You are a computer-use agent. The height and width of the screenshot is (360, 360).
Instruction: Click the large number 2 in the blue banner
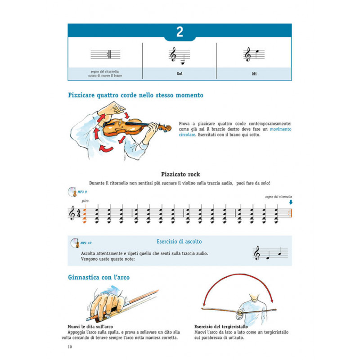click(180, 32)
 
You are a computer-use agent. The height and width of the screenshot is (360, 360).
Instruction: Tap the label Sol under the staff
click(179, 72)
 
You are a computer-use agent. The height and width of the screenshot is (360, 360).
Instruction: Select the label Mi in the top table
click(254, 72)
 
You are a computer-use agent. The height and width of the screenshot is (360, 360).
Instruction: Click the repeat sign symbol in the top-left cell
click(108, 54)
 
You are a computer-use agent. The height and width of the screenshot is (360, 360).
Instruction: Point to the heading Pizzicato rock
click(180, 174)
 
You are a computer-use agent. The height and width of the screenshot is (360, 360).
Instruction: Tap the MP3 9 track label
click(81, 192)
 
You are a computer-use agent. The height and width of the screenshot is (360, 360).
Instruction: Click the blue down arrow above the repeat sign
click(291, 202)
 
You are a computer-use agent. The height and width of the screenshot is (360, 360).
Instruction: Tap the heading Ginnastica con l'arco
click(99, 277)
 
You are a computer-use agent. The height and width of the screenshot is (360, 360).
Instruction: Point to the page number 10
click(70, 346)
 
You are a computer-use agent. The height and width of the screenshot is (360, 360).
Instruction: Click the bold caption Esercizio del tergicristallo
click(220, 327)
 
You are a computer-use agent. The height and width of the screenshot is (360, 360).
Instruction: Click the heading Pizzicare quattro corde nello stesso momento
click(135, 95)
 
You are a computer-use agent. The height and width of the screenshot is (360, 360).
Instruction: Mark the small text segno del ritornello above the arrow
click(279, 197)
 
